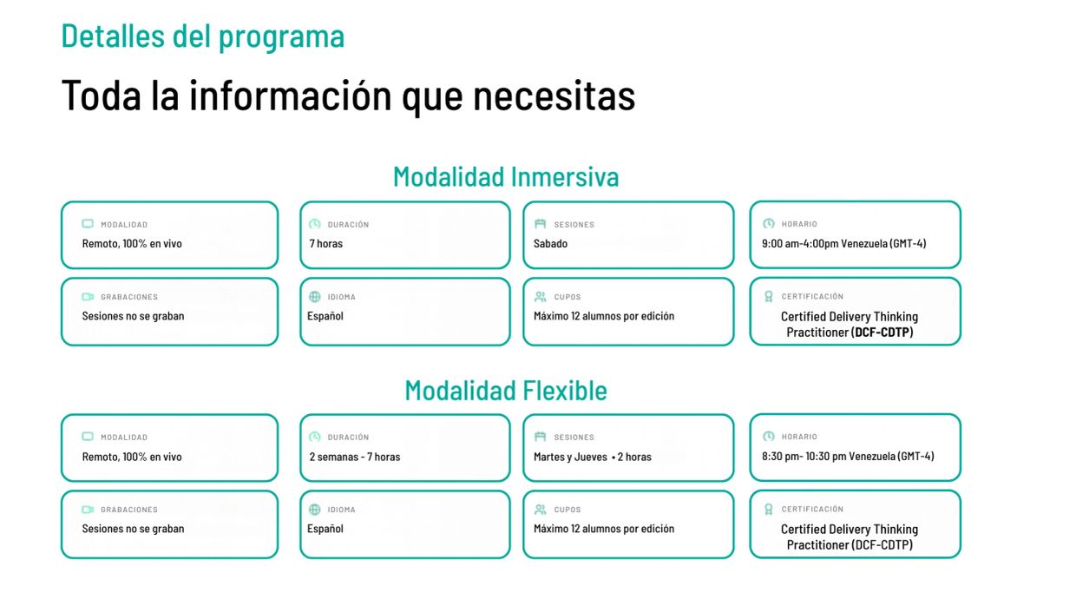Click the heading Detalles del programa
click(203, 37)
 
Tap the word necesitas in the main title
click(554, 96)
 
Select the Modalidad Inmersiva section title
click(506, 176)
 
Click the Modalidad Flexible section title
click(506, 390)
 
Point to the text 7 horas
click(325, 244)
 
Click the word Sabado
click(550, 244)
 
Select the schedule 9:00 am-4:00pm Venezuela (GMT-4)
click(844, 244)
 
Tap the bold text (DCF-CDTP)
click(882, 332)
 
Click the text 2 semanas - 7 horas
click(355, 457)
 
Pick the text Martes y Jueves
click(570, 457)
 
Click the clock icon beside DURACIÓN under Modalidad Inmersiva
click(315, 224)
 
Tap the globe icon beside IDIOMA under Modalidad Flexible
click(315, 510)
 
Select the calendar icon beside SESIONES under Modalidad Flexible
click(541, 437)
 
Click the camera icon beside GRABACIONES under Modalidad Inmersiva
click(88, 297)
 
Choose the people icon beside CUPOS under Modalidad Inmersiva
click(541, 297)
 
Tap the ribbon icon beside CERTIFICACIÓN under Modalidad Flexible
click(769, 510)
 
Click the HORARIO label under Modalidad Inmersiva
click(799, 224)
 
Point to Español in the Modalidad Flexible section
click(325, 529)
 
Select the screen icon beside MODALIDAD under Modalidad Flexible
click(88, 437)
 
